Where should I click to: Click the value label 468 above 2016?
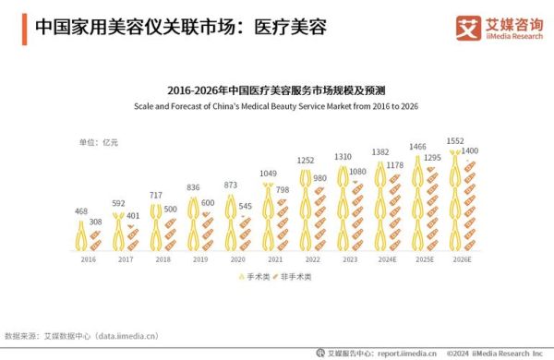pos(81,211)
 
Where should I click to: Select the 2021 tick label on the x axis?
pos(268,260)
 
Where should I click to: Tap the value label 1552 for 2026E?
pos(455,140)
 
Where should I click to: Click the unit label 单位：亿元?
pos(99,141)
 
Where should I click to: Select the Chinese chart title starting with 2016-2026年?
pos(276,90)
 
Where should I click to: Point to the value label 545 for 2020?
pos(246,205)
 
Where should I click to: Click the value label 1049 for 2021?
pos(268,174)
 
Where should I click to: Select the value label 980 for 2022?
pos(319,178)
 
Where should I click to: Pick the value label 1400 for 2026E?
pos(470,150)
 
